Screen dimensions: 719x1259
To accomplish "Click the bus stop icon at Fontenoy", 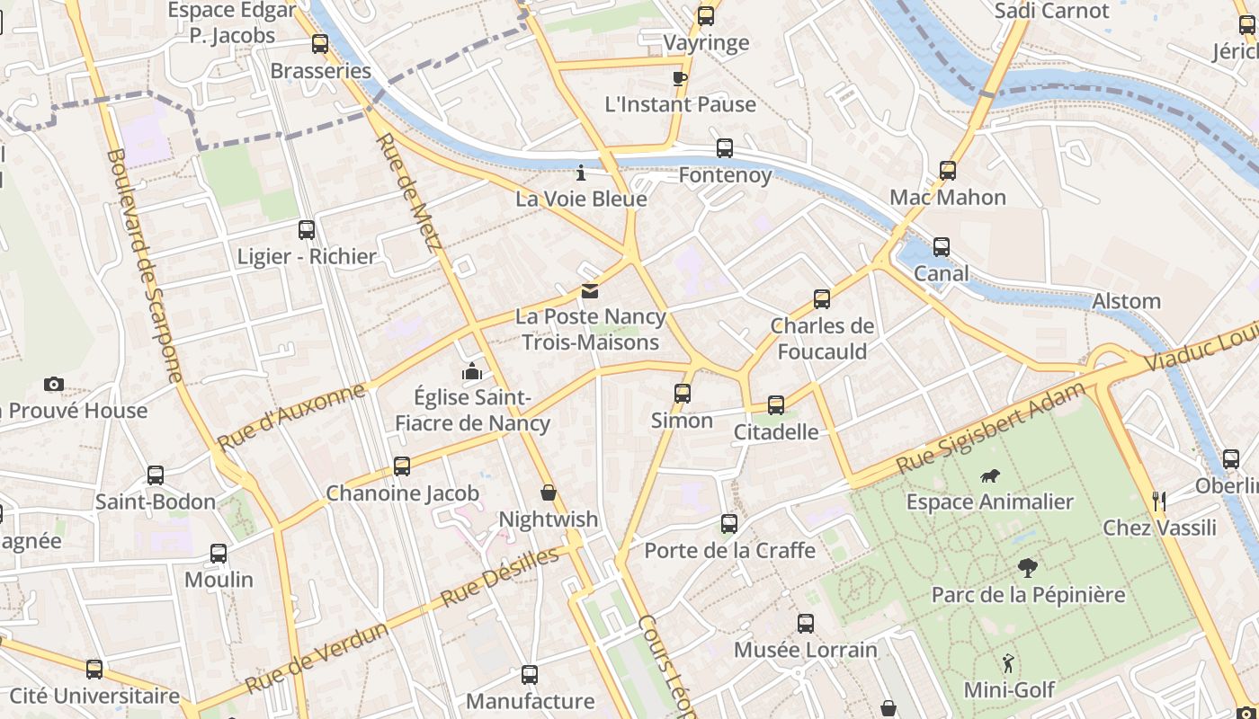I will click(x=725, y=148).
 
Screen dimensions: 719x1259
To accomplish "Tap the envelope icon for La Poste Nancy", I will click(x=590, y=290).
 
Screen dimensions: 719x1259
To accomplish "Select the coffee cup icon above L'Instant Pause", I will click(x=680, y=78).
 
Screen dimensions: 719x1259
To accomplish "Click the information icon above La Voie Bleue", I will click(x=581, y=172).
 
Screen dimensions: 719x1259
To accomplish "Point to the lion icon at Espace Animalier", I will click(x=990, y=475).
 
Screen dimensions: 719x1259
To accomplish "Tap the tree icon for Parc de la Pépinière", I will click(x=1028, y=567).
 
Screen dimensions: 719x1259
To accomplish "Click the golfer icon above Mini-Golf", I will click(x=1008, y=663).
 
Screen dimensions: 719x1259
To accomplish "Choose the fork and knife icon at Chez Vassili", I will click(x=1159, y=501).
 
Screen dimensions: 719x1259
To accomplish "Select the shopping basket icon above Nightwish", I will click(x=549, y=493).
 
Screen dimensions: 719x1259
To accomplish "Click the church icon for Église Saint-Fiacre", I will click(x=472, y=371).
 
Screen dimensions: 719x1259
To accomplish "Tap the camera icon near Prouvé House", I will click(x=54, y=385).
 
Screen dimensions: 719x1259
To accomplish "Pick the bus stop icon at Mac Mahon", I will click(x=948, y=171).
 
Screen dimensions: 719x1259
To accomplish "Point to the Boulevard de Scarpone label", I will click(x=144, y=264).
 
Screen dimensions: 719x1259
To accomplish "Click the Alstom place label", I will click(x=1126, y=301).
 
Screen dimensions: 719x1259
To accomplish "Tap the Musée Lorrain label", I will click(x=806, y=650).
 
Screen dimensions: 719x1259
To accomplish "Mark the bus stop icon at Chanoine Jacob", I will click(x=402, y=466).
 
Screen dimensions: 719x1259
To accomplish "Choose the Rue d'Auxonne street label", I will click(x=291, y=416).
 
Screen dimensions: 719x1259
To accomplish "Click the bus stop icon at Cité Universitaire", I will click(x=94, y=670).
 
